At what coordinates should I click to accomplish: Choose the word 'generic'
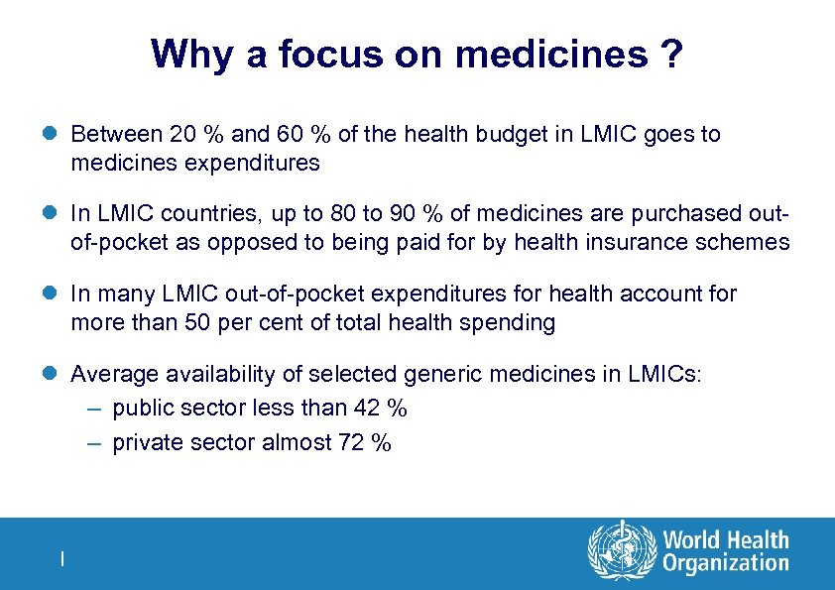[x=449, y=374]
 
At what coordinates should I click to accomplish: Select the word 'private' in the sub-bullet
[x=145, y=442]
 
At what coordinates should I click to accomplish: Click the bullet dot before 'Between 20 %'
[x=54, y=134]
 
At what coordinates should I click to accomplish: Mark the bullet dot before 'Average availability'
[x=54, y=374]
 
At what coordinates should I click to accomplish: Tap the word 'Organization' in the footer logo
[x=726, y=564]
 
